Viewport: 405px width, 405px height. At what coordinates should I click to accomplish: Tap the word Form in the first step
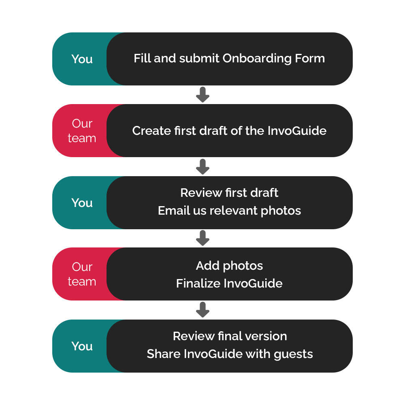(310, 58)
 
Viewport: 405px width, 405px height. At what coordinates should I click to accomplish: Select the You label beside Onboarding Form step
(82, 59)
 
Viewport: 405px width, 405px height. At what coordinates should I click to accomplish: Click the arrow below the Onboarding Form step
(202, 95)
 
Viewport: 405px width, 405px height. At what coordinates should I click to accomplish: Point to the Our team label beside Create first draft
(82, 131)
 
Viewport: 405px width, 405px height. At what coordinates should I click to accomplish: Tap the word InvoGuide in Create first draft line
(297, 131)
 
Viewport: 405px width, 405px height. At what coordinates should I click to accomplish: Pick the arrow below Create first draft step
(202, 166)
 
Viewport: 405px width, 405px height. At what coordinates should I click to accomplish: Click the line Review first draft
(229, 193)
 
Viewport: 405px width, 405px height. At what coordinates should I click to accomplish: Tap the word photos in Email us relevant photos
(281, 211)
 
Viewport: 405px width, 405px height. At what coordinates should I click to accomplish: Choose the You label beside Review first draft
(82, 203)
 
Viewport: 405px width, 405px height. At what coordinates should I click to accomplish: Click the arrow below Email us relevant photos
(202, 238)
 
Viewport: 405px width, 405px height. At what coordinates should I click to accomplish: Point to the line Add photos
(229, 266)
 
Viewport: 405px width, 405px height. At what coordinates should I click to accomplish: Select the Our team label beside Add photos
(82, 274)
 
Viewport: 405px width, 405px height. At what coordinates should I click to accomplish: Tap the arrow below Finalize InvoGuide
(202, 310)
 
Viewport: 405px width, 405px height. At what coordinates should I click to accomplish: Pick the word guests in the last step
(293, 354)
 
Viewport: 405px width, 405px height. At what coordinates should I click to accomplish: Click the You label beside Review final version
(82, 346)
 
